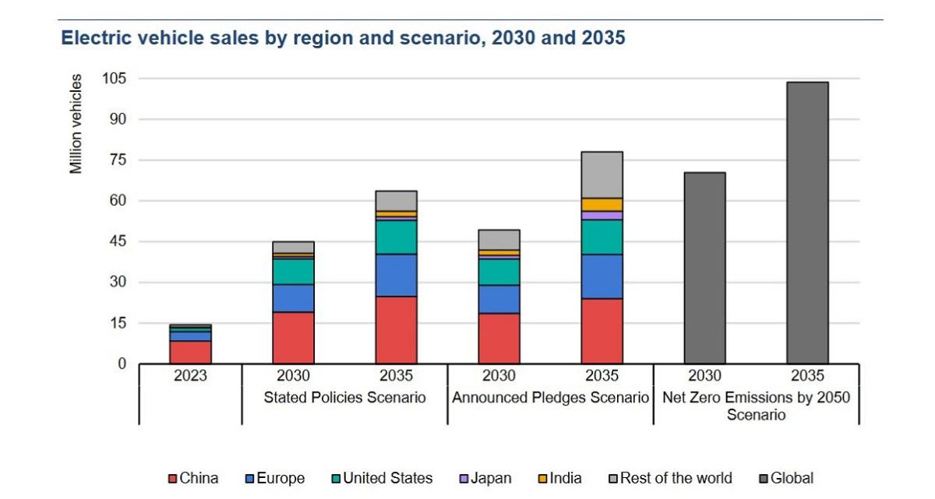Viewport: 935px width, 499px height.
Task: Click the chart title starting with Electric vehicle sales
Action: [343, 37]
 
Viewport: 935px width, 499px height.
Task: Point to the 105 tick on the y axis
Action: [115, 79]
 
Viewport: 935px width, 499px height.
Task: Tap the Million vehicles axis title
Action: [76, 124]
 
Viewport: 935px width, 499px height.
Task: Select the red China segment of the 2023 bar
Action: [190, 352]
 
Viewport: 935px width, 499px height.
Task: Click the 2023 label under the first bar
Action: [190, 376]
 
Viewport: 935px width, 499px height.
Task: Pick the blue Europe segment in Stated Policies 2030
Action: [293, 298]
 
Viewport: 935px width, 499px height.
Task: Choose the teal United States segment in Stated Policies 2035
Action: [396, 237]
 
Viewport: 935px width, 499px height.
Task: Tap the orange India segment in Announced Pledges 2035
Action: [602, 204]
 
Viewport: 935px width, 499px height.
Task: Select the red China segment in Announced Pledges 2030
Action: [499, 338]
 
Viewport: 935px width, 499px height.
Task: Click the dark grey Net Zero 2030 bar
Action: [704, 268]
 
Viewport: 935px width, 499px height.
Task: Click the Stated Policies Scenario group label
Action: [344, 398]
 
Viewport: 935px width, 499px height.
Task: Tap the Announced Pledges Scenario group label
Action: [550, 398]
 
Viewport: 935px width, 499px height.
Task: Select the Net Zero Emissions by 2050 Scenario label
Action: [756, 405]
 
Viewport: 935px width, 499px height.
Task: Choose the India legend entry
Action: [560, 478]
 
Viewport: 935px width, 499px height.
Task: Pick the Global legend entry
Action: [787, 478]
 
